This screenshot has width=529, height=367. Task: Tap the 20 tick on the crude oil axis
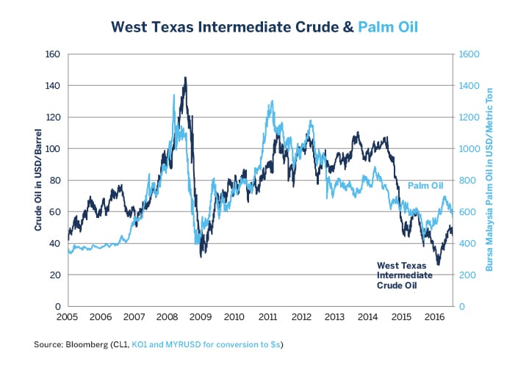54,275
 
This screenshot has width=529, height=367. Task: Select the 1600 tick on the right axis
469,54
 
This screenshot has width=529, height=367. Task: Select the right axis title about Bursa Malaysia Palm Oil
489,180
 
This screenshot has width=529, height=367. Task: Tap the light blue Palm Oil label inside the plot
426,186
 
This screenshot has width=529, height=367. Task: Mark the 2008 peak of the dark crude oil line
185,78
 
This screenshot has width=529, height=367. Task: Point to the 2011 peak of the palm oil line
272,101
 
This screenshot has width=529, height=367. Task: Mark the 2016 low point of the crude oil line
438,264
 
